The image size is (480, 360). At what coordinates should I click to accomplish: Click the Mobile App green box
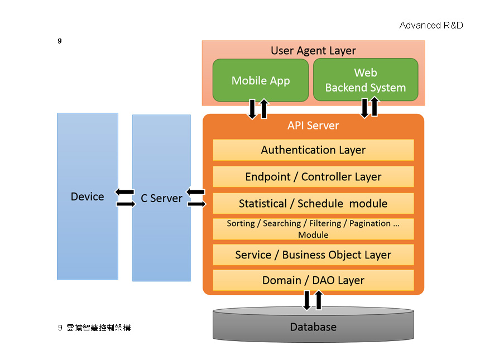click(x=261, y=80)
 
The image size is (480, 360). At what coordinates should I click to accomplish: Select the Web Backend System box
click(x=366, y=80)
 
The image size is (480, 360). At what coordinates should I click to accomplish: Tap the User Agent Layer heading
click(x=313, y=51)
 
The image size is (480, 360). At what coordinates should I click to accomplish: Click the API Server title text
click(x=313, y=126)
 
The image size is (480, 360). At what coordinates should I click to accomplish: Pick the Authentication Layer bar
click(x=313, y=150)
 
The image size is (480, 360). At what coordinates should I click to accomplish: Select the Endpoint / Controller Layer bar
click(x=313, y=177)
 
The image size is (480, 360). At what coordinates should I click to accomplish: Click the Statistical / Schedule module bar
click(x=313, y=203)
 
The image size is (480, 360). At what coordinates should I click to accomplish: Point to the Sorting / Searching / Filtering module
click(x=313, y=229)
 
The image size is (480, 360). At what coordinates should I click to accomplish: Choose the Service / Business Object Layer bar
click(x=313, y=255)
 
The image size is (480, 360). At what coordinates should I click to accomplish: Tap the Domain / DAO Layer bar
click(x=313, y=280)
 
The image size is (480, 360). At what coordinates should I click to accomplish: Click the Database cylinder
click(x=313, y=327)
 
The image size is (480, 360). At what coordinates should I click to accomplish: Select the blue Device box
click(x=88, y=196)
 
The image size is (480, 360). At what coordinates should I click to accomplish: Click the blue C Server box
click(x=161, y=198)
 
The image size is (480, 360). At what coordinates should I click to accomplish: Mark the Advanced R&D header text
click(x=431, y=26)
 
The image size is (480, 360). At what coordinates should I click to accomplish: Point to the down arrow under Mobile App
click(x=252, y=109)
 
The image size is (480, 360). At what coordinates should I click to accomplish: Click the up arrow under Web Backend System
click(x=375, y=107)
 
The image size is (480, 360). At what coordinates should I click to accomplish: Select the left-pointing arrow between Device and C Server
click(x=124, y=192)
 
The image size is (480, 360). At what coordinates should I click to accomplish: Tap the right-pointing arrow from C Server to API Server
click(x=196, y=204)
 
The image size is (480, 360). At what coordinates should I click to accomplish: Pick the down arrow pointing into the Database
click(x=307, y=300)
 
